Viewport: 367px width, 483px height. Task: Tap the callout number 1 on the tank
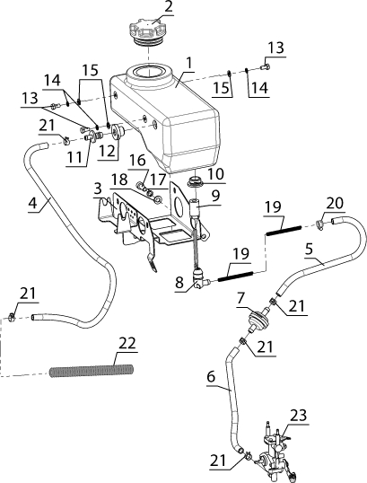click(189, 63)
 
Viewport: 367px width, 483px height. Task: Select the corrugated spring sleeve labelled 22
click(92, 370)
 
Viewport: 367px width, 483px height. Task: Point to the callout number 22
click(127, 343)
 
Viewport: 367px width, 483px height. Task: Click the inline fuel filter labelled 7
click(258, 318)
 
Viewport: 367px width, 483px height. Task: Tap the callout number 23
click(298, 415)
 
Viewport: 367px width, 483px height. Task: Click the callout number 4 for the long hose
click(32, 203)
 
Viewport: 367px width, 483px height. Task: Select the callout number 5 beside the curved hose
click(309, 249)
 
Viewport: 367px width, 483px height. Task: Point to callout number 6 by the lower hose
click(211, 376)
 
